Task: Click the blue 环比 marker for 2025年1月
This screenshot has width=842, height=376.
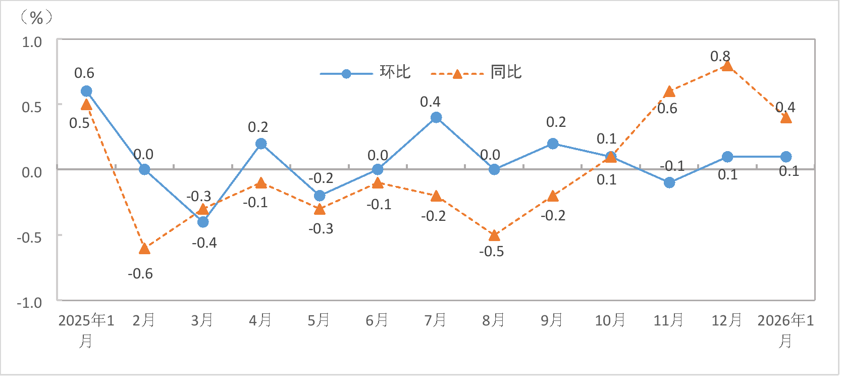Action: click(86, 91)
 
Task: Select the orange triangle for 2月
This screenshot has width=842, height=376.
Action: click(144, 248)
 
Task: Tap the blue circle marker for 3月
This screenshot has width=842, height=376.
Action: click(203, 222)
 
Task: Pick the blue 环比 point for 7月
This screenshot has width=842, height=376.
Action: click(436, 118)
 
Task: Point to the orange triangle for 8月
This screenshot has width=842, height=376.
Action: click(494, 236)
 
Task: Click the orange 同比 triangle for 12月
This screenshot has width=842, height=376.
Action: click(727, 66)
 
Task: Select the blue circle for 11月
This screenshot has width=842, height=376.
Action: click(669, 182)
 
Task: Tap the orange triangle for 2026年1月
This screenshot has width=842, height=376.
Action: click(786, 118)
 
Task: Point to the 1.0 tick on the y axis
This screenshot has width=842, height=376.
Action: click(32, 42)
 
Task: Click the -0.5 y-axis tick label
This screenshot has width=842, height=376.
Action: click(29, 237)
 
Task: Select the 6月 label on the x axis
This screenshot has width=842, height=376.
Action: click(377, 320)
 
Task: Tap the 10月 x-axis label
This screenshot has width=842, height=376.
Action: click(610, 320)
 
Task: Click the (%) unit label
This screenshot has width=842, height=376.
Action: click(36, 18)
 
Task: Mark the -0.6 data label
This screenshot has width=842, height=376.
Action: click(140, 274)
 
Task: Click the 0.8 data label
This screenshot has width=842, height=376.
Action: click(720, 56)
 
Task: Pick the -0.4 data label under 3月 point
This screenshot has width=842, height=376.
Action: click(204, 243)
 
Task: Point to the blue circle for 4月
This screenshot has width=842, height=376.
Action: click(261, 144)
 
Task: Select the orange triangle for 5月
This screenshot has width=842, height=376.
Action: click(320, 209)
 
